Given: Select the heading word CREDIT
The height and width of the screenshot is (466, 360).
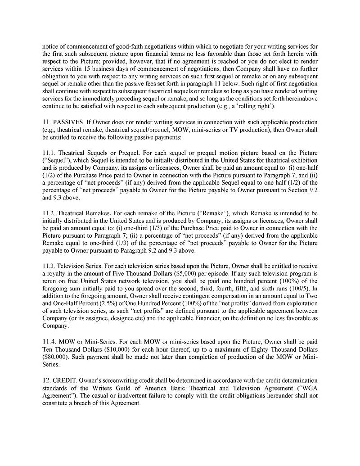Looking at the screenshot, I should tap(69, 380).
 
